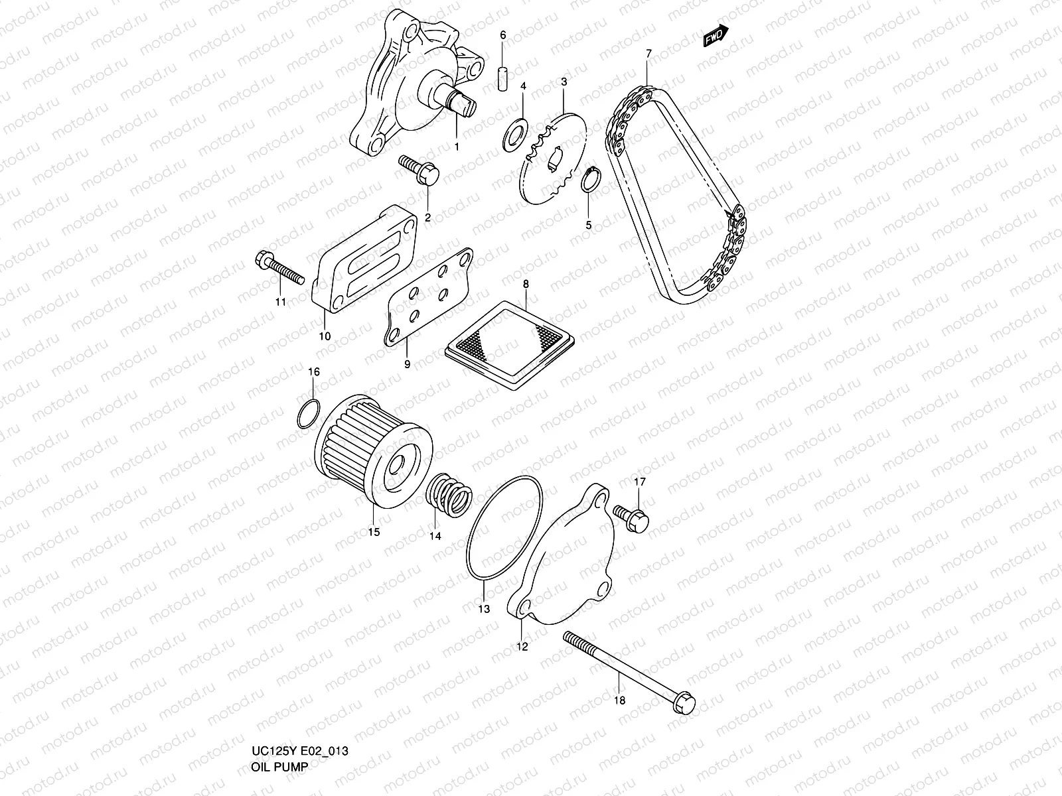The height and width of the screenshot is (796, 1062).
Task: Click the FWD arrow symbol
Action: tap(716, 37)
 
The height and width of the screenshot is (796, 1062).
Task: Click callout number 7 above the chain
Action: tap(648, 53)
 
